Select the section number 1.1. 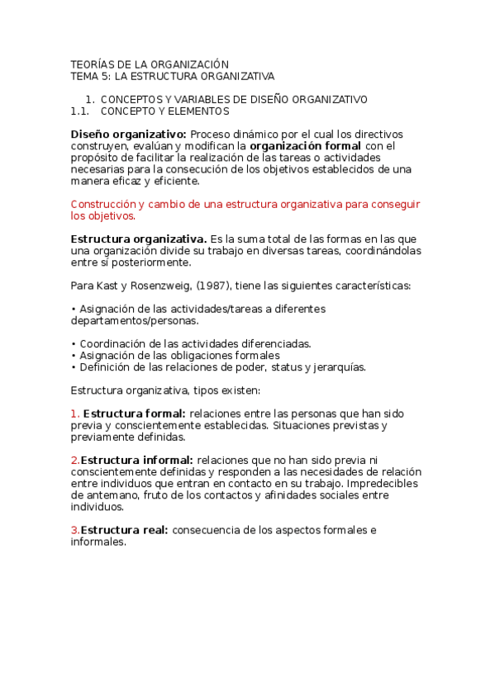click(80, 111)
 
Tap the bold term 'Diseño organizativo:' click(129, 134)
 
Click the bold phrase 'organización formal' click(305, 145)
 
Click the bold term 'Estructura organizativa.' click(139, 239)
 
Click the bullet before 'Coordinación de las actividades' click(73, 343)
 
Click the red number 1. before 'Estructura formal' click(74, 414)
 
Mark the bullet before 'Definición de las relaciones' click(73, 367)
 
